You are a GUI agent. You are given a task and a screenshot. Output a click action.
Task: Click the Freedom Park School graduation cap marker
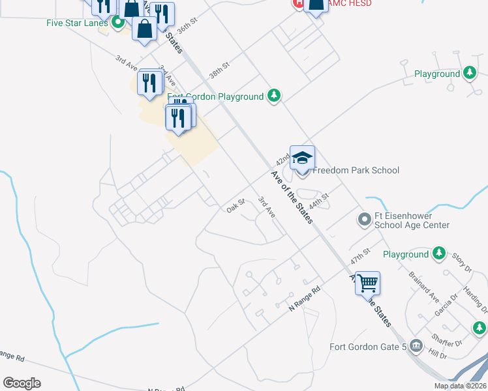302,158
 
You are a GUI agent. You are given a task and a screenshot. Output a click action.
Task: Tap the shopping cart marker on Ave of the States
368,283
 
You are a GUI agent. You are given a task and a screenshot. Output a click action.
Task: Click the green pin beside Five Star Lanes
118,23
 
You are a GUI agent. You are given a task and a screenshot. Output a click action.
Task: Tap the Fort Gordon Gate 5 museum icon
418,345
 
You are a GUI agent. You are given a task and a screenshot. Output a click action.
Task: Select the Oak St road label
235,206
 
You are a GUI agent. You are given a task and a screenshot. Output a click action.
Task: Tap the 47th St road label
360,255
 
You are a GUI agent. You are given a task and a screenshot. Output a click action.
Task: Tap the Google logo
22,383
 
